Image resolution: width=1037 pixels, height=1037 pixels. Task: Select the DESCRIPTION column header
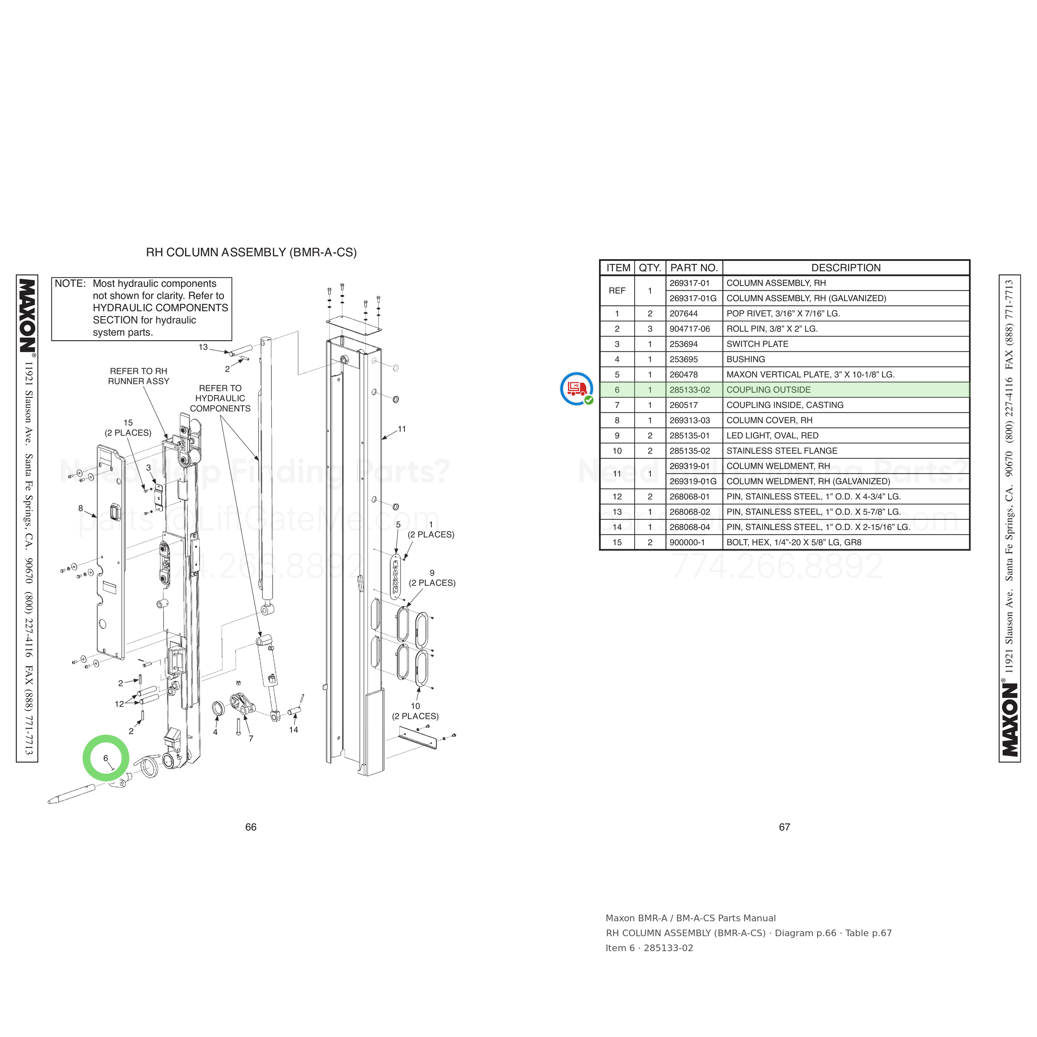pyautogui.click(x=845, y=268)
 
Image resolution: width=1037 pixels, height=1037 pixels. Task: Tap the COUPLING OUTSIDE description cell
pyautogui.click(x=768, y=389)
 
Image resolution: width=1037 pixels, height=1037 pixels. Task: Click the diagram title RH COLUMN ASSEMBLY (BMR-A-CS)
pyautogui.click(x=251, y=252)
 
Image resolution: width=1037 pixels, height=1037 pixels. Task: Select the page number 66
pyautogui.click(x=251, y=827)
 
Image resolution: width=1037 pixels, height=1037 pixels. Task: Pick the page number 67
pyautogui.click(x=784, y=827)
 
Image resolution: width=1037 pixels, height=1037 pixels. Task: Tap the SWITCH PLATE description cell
pyautogui.click(x=757, y=344)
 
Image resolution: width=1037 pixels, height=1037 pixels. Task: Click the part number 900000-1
pyautogui.click(x=686, y=542)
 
